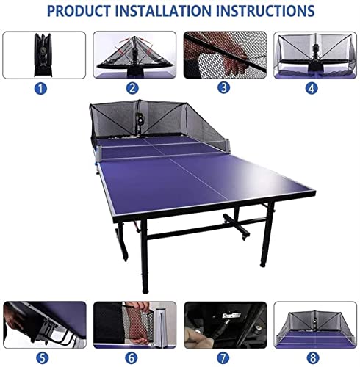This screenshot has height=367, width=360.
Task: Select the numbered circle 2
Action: point(132,88)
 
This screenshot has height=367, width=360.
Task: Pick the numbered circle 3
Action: point(223,88)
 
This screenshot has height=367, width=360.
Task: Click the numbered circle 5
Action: point(43,357)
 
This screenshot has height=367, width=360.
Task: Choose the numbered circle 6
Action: point(133,357)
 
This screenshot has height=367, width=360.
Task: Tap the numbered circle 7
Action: point(224,357)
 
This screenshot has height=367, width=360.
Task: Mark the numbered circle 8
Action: point(313,357)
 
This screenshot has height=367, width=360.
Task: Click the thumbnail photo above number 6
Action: point(133,324)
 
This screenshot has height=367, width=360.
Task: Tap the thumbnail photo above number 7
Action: point(224,324)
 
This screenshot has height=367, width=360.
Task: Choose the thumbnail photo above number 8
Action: point(313,324)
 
